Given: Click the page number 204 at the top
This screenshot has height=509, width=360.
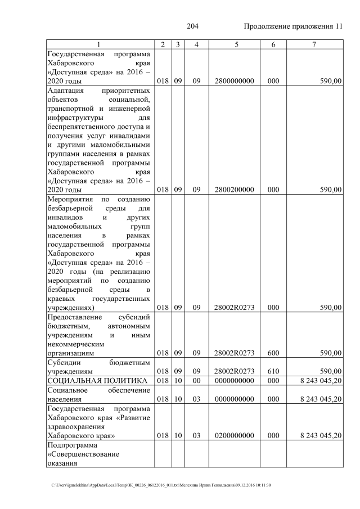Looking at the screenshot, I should tap(193, 27).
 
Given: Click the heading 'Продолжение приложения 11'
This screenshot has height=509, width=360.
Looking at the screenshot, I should tap(293, 27).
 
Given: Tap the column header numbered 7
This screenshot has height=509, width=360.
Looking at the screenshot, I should tap(314, 44).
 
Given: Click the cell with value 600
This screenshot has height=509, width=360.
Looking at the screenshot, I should tap(273, 353).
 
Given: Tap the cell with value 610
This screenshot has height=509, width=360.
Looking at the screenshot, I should tap(273, 372).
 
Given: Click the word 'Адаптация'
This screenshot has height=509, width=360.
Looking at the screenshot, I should tap(66, 91).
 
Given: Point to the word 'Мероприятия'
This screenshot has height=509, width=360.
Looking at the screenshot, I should tap(70, 200).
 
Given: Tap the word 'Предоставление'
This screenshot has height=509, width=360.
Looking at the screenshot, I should tap(75, 317).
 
